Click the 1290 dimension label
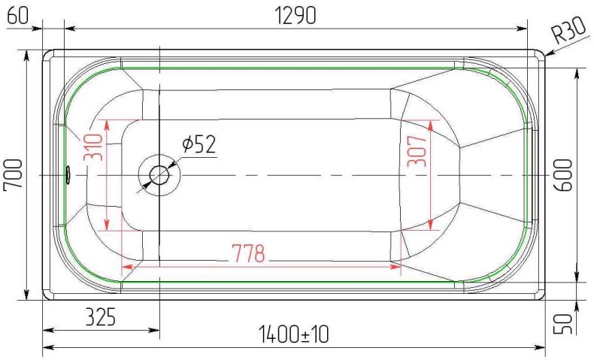click(x=295, y=16)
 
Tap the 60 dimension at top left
click(x=17, y=16)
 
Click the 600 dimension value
click(x=564, y=175)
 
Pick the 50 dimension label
click(x=564, y=324)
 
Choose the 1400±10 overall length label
click(x=293, y=334)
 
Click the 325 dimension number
click(x=101, y=316)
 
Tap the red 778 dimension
click(x=248, y=253)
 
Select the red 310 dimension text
click(x=93, y=147)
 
